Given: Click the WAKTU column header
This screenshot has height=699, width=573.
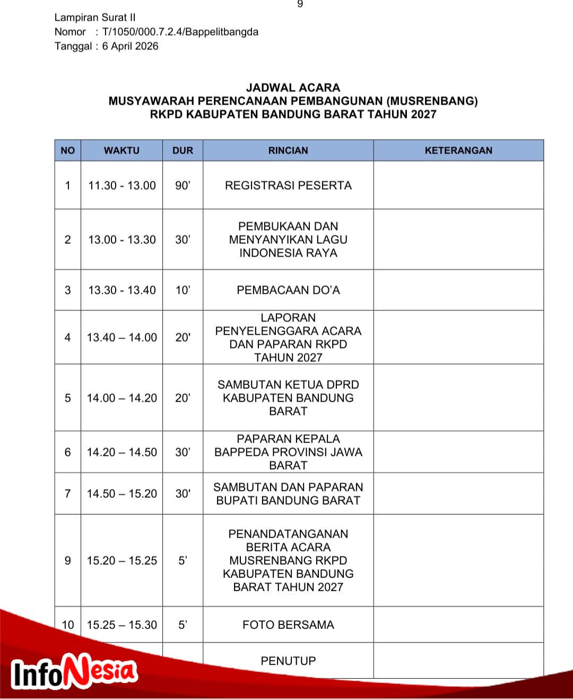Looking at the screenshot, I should pos(121,150).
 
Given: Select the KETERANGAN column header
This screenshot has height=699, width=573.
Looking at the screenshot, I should pos(458,150).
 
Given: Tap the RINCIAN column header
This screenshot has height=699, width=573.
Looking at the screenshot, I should pos(288,150).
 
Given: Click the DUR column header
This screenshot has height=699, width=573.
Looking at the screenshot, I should pos(183,150).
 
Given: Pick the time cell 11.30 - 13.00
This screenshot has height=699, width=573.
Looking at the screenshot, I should pos(122,185).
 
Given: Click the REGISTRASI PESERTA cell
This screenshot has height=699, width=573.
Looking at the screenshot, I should pos(288,185).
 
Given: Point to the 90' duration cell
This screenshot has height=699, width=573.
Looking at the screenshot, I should pos(183,185).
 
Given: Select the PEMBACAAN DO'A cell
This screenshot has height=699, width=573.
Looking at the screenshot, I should pos(288,290).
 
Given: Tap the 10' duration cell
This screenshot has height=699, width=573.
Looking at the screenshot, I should pos(183,290).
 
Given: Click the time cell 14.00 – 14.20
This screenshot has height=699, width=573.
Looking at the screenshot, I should pos(122,398).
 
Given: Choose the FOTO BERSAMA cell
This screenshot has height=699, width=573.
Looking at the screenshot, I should pos(288,625).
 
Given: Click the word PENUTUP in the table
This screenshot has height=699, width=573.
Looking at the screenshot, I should pos(288,661).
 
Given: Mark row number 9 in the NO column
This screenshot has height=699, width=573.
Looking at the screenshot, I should pos(67,560).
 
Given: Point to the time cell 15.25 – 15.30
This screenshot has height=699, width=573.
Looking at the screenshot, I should pos(122,625).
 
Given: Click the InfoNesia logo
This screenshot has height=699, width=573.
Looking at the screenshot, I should pos(74,672).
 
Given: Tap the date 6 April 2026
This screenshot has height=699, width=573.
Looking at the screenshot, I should pos(131,46).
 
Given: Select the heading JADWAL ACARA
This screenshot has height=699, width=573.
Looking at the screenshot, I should pos(293,88).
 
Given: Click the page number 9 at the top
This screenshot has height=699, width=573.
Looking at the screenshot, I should pos(300,4).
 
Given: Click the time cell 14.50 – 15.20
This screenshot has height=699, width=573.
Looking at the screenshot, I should pos(122,493).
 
